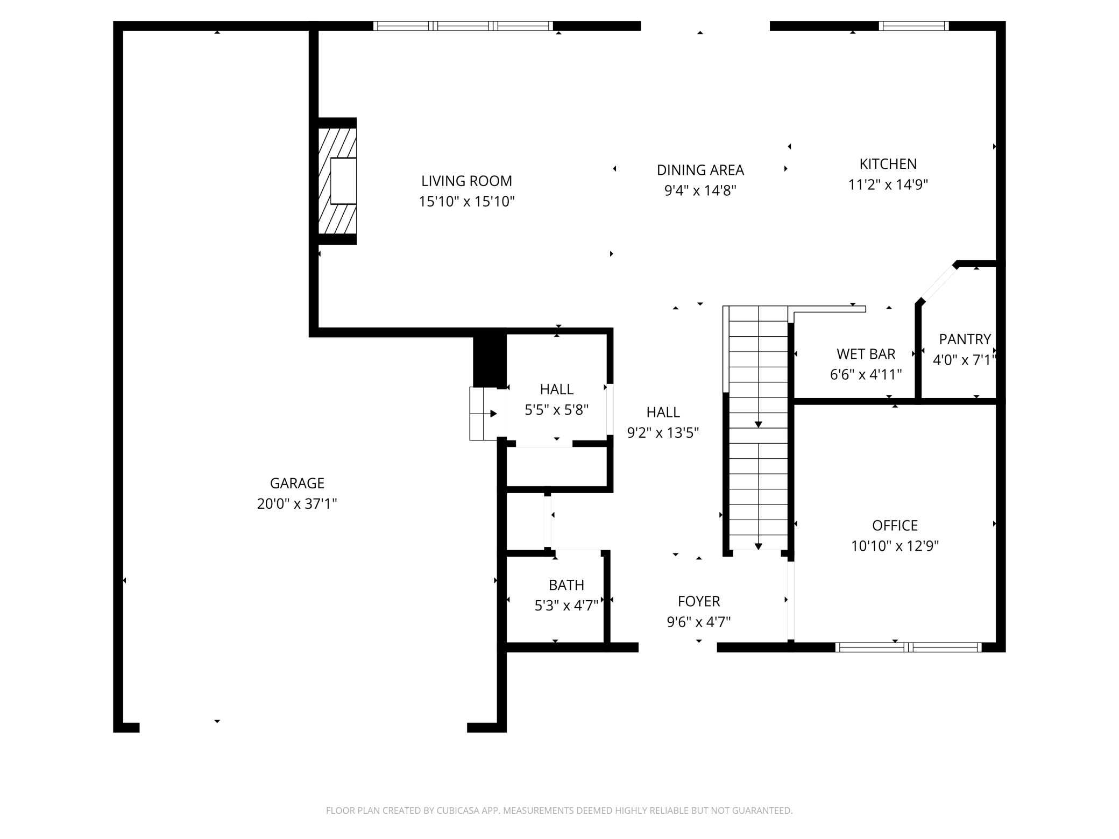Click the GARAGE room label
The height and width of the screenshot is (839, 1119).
(x=297, y=483)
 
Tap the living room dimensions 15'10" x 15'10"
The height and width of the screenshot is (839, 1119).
(x=466, y=202)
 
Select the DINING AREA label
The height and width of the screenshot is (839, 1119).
(x=700, y=170)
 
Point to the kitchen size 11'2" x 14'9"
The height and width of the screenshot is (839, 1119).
(x=888, y=185)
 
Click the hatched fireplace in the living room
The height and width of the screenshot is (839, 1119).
(x=337, y=181)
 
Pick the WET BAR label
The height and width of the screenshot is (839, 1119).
(x=866, y=354)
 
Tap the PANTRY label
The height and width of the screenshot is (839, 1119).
(x=965, y=339)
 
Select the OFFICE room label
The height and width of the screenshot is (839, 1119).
(x=895, y=525)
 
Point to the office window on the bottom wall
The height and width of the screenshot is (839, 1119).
(x=908, y=647)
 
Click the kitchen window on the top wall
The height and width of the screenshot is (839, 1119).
(x=913, y=26)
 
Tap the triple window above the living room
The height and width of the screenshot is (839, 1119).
(x=463, y=26)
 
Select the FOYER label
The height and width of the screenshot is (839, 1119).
(x=698, y=601)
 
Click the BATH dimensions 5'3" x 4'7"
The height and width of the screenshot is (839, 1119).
(x=566, y=606)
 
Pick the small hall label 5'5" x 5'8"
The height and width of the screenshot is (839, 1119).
(x=556, y=410)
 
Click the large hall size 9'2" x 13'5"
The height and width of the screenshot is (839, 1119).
(x=663, y=433)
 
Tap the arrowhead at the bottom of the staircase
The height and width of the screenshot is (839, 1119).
(x=758, y=546)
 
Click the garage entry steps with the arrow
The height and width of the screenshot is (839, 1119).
(x=484, y=414)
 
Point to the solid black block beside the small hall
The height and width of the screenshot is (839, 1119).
(x=489, y=359)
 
